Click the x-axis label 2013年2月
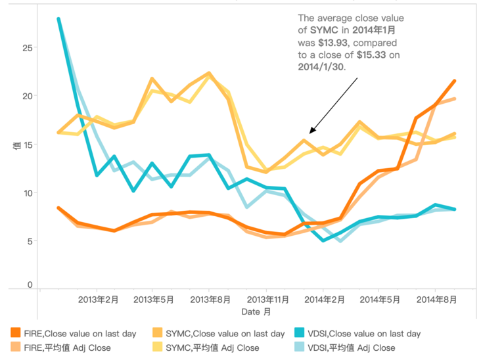(x=97, y=300)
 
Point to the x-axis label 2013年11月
(x=266, y=300)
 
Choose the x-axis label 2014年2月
(x=324, y=300)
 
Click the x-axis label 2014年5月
(x=379, y=300)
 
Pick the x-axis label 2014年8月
(x=436, y=300)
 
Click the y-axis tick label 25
(x=27, y=48)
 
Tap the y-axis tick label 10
(x=27, y=193)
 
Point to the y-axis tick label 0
(x=30, y=284)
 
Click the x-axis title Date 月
(x=255, y=311)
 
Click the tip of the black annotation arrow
(x=310, y=132)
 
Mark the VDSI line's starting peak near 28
(x=59, y=19)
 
